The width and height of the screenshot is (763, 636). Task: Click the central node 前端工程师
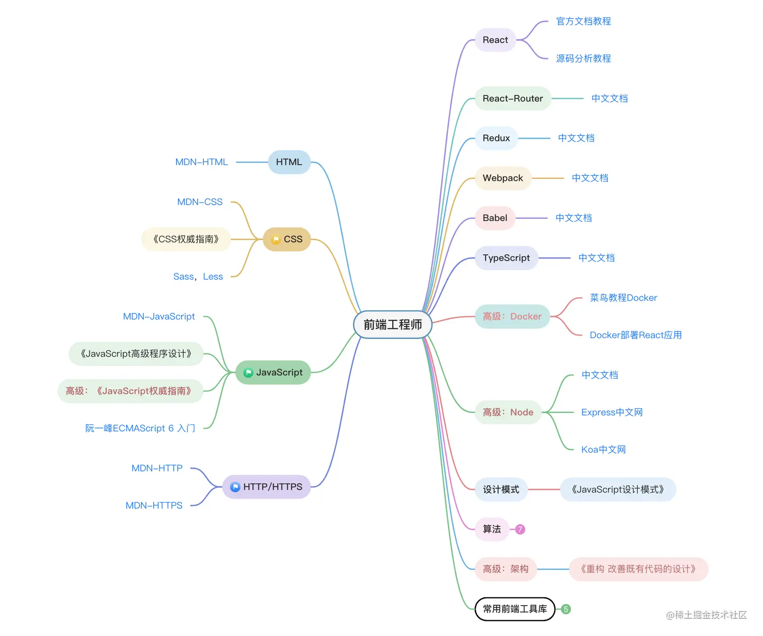(393, 325)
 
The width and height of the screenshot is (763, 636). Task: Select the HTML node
(289, 162)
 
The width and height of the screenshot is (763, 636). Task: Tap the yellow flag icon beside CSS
(276, 240)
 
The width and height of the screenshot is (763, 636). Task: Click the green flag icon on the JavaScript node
(248, 373)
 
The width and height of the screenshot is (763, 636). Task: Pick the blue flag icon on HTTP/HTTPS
(235, 487)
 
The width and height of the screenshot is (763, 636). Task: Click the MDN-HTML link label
(201, 162)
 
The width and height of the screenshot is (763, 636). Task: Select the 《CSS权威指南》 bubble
(186, 239)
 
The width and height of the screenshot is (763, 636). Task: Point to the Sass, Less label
(198, 277)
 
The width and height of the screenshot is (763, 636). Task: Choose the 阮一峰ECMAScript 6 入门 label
(140, 428)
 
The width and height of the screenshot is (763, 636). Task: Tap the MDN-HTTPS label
(154, 505)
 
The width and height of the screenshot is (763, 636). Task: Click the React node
(495, 40)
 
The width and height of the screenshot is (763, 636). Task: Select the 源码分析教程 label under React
(583, 59)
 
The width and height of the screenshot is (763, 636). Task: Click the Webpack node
(503, 178)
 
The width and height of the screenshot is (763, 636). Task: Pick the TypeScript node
(506, 258)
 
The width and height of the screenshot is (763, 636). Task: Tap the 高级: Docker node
(512, 316)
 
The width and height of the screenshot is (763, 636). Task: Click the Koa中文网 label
(604, 449)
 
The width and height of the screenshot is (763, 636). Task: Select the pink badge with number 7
(520, 529)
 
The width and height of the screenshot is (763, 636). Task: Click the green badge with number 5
(566, 609)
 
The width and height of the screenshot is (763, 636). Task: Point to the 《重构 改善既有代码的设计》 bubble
(638, 569)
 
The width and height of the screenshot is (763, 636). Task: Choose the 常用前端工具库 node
(515, 609)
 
